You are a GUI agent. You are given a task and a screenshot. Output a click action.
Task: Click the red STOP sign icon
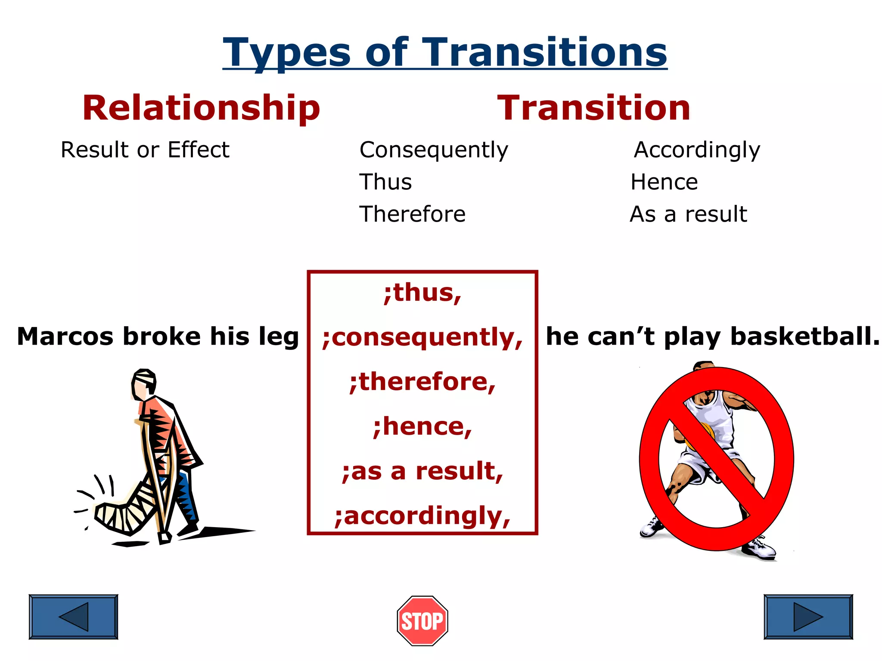click(422, 621)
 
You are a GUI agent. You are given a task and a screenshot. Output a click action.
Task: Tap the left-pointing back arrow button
click(73, 617)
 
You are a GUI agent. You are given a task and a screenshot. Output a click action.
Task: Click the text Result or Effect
click(145, 150)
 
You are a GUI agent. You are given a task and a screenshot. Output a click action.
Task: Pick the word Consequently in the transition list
click(434, 150)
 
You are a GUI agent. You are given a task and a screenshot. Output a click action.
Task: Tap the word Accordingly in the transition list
click(697, 150)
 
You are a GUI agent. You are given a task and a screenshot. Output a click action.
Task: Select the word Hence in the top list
click(664, 182)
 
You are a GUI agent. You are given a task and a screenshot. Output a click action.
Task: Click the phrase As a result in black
click(688, 214)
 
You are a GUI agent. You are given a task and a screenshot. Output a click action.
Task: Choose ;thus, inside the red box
click(422, 293)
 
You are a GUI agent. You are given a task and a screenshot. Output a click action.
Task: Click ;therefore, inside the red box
click(422, 382)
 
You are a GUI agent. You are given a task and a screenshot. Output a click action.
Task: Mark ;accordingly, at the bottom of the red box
click(422, 516)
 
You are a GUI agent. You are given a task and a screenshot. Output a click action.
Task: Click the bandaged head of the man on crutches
click(144, 380)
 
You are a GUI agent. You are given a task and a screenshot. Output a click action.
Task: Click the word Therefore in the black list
click(412, 214)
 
